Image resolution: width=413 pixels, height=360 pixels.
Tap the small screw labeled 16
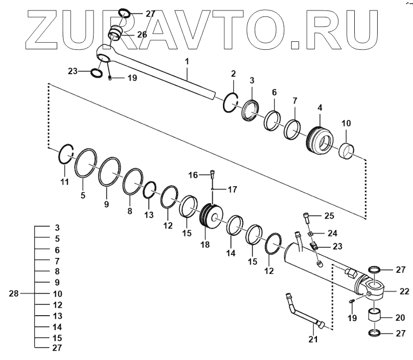click(212, 174)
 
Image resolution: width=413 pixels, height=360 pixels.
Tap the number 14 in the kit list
click(57, 327)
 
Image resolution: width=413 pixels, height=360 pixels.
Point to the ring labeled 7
click(292, 128)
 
